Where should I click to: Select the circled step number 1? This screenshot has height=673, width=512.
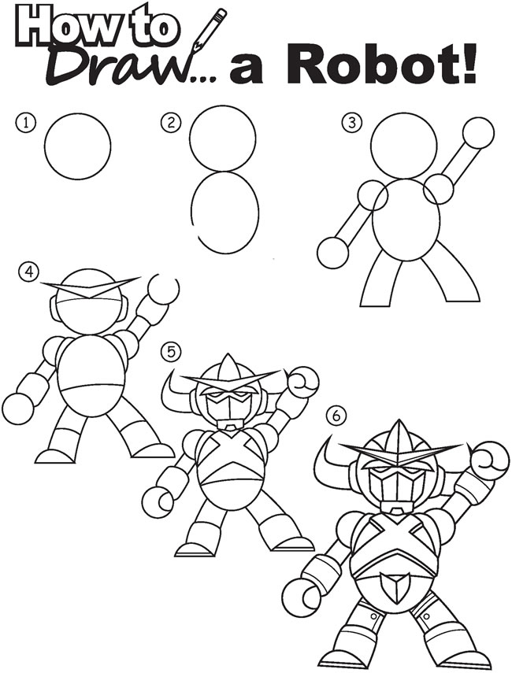[x=29, y=123]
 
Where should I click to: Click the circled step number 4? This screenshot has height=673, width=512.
[x=29, y=272]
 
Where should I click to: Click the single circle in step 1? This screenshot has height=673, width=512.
[x=77, y=146]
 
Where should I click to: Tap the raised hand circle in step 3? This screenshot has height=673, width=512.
[x=478, y=133]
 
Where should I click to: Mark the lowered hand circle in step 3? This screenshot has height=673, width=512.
[x=332, y=253]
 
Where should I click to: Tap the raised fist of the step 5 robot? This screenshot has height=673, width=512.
[x=302, y=384]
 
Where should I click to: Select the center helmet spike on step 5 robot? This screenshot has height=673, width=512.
[x=226, y=367]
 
